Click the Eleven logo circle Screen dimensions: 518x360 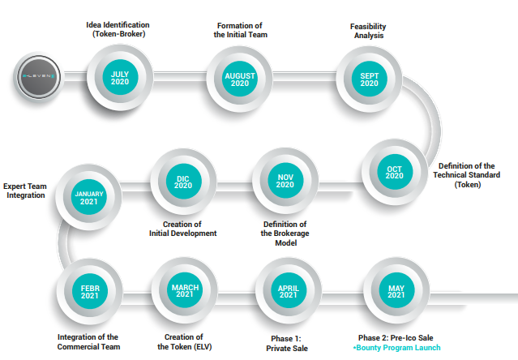click(39, 77)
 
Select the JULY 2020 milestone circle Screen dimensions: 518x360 click(120, 78)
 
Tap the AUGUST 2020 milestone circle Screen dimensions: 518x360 click(239, 79)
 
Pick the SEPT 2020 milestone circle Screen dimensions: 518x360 click(369, 79)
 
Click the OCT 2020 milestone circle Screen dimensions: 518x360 click(395, 172)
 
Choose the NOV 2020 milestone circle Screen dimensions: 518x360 click(285, 181)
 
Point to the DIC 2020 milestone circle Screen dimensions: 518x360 click(183, 182)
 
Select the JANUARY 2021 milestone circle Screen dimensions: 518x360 click(88, 197)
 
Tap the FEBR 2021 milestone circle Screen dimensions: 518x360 click(89, 291)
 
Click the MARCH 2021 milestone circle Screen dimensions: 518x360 click(184, 290)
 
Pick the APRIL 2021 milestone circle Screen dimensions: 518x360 click(289, 290)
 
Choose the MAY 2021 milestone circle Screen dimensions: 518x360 click(396, 290)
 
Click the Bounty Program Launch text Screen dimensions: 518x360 click(396, 348)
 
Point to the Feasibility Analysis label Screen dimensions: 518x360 click(368, 31)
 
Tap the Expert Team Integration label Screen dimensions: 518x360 click(25, 191)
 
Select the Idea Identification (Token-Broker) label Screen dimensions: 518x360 click(118, 29)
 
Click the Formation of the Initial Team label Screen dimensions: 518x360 click(240, 30)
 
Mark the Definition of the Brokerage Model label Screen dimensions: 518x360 click(285, 234)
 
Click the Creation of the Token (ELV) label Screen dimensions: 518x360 click(184, 342)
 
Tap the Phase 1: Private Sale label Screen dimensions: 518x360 click(287, 344)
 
